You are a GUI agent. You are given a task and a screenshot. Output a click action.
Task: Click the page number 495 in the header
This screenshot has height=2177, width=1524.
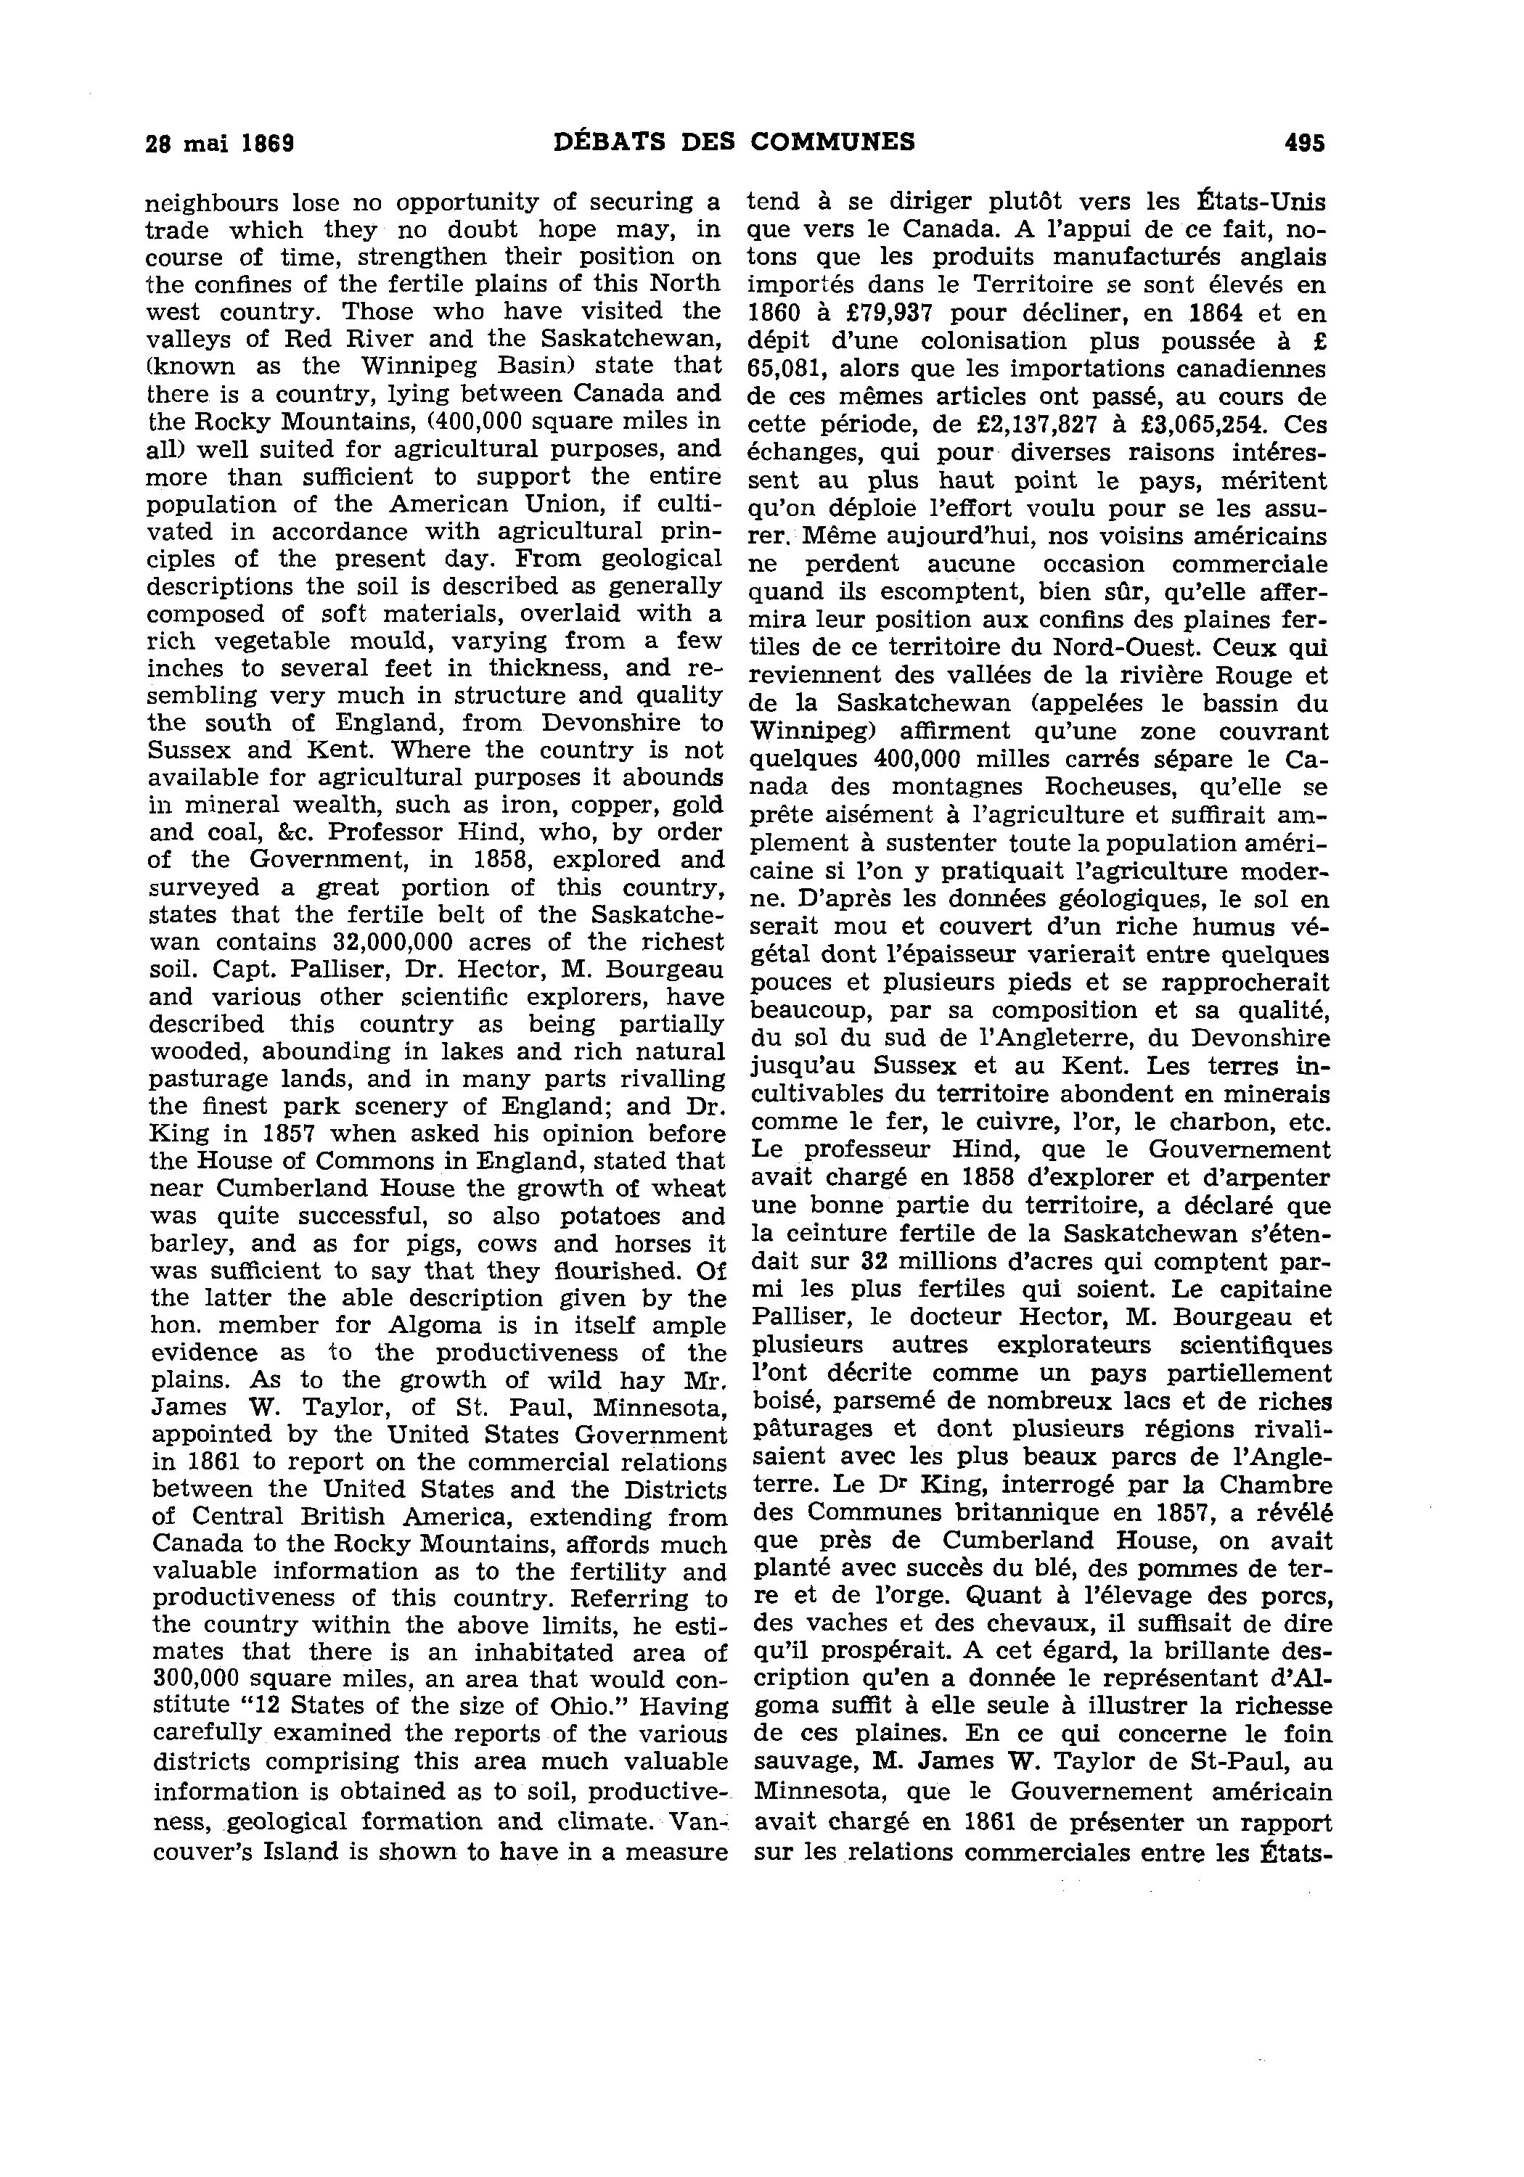[1304, 143]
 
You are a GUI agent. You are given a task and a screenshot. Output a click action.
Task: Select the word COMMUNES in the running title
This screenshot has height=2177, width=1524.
[832, 142]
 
